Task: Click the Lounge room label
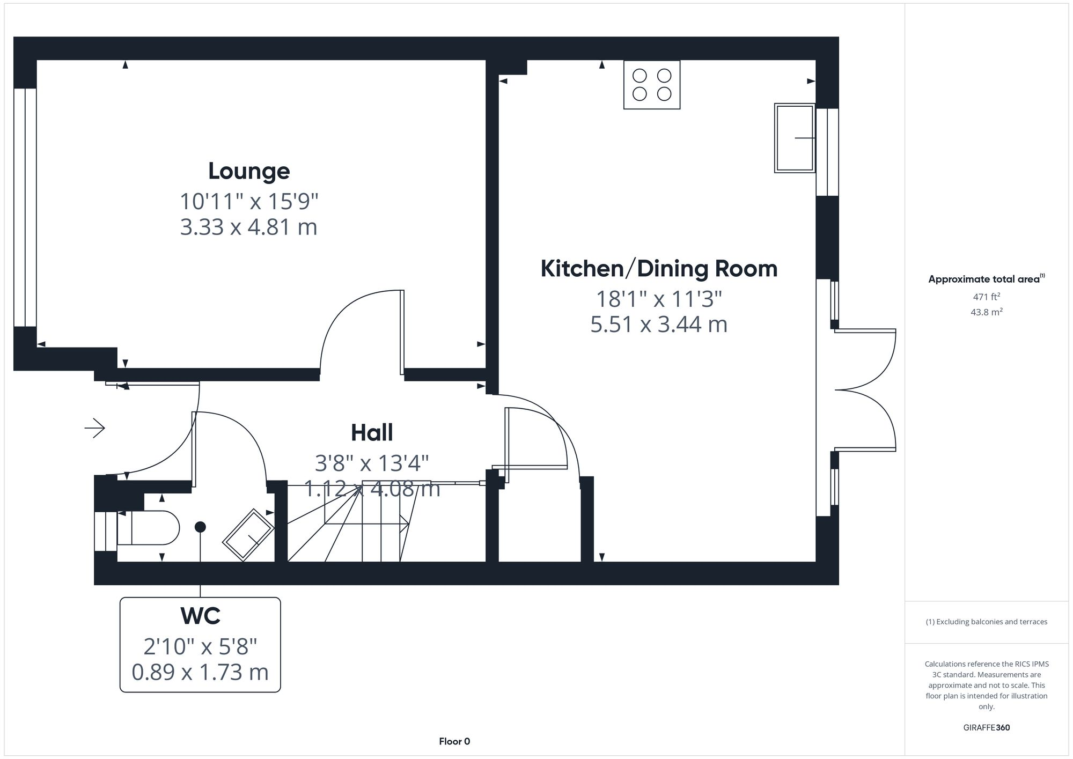(249, 171)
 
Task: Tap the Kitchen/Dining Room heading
(659, 269)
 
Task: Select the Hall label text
(372, 433)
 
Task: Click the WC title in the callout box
(201, 616)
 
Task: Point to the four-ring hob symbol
(652, 85)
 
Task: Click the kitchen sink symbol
(795, 138)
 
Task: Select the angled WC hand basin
(248, 534)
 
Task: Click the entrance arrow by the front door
(95, 428)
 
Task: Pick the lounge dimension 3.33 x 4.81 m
(248, 227)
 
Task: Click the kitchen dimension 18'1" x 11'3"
(659, 299)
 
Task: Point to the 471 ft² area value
(986, 297)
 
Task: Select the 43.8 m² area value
(986, 312)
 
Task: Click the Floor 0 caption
(454, 741)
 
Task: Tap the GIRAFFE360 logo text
(986, 727)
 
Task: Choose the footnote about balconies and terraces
(986, 622)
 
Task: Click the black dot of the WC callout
(200, 527)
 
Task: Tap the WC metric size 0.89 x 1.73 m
(200, 672)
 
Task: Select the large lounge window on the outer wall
(25, 207)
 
